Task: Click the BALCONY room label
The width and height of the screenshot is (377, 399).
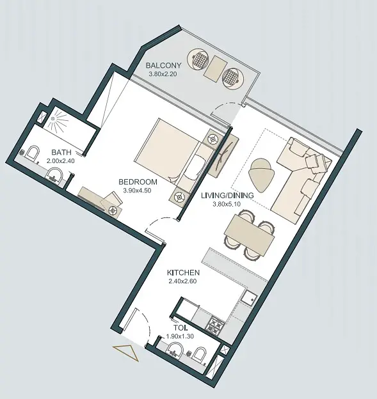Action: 163,65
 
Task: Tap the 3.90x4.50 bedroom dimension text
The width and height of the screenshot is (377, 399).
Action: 137,191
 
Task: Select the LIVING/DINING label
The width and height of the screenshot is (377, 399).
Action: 227,196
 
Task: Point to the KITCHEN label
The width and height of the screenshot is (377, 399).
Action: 183,273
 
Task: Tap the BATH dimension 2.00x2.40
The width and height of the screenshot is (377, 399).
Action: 61,161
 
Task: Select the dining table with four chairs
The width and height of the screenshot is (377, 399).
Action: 250,234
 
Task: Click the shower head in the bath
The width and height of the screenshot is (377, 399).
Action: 52,118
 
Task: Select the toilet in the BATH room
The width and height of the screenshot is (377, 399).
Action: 33,153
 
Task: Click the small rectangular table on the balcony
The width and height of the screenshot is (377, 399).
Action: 214,68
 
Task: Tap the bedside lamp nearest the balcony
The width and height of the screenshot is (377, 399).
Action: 213,139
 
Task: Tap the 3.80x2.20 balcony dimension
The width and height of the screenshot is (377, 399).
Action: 163,74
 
